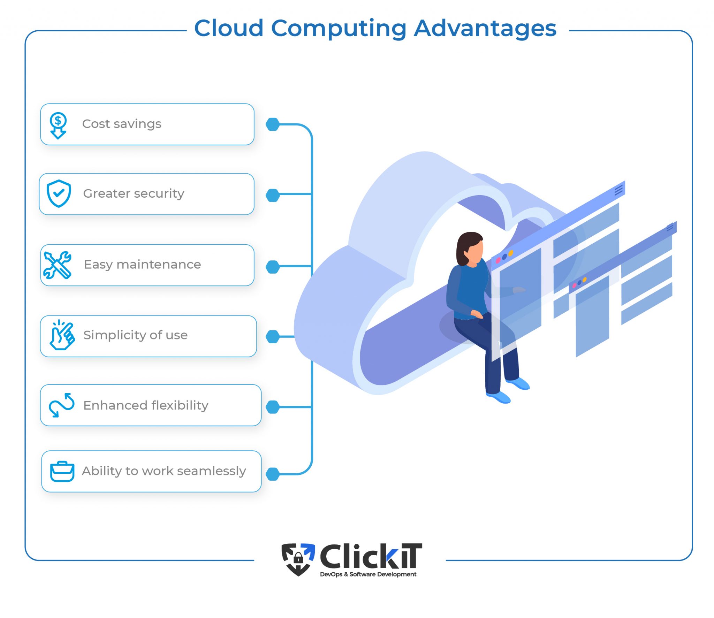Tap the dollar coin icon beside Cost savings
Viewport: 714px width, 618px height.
click(x=58, y=125)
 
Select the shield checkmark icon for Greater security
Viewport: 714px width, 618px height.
click(x=59, y=193)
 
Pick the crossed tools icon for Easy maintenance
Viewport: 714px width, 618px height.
click(x=58, y=265)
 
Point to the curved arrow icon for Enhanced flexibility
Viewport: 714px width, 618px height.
click(x=61, y=405)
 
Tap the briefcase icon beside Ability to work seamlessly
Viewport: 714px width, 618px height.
click(x=62, y=472)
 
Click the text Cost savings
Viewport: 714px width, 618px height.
click(x=122, y=124)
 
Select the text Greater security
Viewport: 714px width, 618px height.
click(x=134, y=193)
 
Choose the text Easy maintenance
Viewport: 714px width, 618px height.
click(x=142, y=265)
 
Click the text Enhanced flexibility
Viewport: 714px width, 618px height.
click(x=146, y=405)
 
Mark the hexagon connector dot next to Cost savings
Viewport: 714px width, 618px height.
click(x=273, y=124)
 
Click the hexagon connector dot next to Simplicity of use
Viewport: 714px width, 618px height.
click(x=273, y=337)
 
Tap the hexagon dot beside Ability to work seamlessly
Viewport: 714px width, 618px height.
click(x=273, y=474)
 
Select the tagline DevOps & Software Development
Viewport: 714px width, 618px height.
click(x=368, y=574)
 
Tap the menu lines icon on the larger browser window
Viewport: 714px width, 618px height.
click(x=618, y=190)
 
